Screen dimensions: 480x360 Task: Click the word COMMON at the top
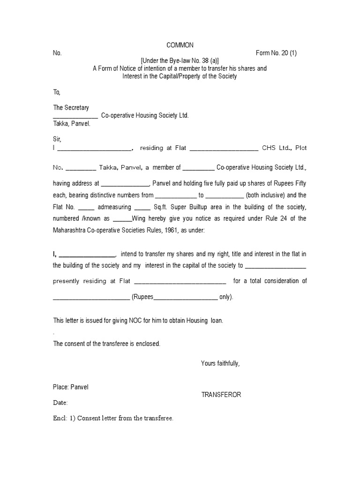180,45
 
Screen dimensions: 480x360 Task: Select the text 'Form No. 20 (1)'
276,53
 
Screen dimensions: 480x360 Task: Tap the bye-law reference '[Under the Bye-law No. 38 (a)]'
180,60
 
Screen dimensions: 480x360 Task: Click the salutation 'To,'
57,92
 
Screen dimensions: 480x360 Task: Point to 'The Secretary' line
71,108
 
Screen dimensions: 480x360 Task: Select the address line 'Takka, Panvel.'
72,124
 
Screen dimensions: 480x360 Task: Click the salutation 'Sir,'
57,139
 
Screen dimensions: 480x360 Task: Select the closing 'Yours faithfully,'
220,363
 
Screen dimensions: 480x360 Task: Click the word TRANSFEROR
221,395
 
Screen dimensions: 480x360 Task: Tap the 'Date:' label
60,403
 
